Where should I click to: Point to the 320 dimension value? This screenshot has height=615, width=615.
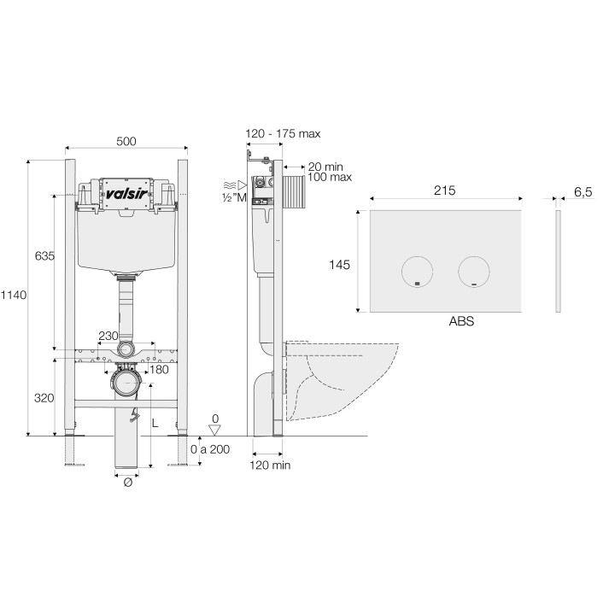click(44, 397)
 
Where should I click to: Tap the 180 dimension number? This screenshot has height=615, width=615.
click(159, 369)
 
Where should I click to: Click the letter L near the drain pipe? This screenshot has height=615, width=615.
click(155, 423)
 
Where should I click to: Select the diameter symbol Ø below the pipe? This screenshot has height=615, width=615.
click(127, 483)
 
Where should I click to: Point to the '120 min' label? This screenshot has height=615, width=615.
click(271, 466)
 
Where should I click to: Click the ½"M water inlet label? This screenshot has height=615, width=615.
click(234, 198)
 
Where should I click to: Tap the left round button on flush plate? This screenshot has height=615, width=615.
click(417, 271)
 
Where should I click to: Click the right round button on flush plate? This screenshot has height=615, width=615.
click(474, 271)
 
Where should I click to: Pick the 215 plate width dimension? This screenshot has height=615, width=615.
click(443, 190)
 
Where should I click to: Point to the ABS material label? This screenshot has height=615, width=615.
click(460, 323)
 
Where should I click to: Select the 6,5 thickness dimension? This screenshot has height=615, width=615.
click(583, 193)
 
